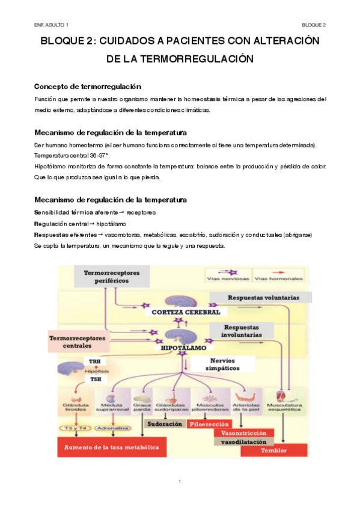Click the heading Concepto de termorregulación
(88, 87)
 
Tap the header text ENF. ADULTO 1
(51, 25)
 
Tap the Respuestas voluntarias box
(263, 298)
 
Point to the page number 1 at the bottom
(180, 482)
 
